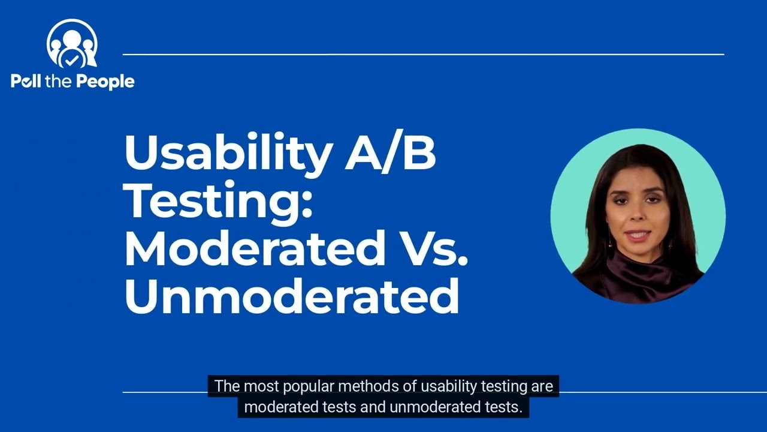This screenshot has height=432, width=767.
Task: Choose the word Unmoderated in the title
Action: [x=291, y=296]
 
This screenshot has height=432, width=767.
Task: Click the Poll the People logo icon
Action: [x=72, y=43]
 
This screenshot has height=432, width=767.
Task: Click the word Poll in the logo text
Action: [x=25, y=81]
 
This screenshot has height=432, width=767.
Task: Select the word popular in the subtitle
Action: [x=320, y=386]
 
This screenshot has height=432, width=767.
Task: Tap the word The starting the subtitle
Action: [x=227, y=386]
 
